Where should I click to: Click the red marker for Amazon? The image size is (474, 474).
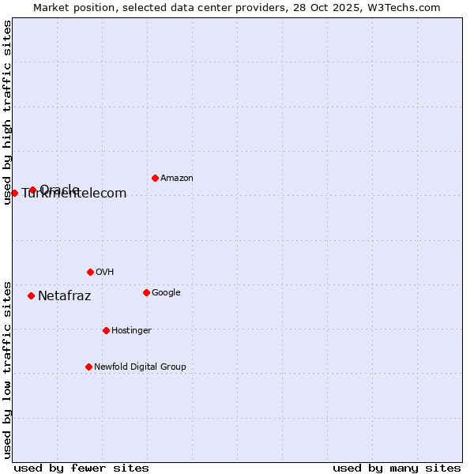[x=155, y=178]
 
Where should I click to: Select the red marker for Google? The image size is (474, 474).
[x=146, y=292]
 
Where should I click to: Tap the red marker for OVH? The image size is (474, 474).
[x=90, y=272]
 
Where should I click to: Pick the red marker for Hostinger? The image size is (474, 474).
[x=106, y=330]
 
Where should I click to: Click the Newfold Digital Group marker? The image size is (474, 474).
[x=88, y=367]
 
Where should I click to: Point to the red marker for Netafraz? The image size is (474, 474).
[x=31, y=295]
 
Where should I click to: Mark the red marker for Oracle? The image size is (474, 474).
[x=32, y=190]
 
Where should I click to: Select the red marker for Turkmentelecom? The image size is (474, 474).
[x=14, y=193]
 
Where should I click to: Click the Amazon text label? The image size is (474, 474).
[x=177, y=179]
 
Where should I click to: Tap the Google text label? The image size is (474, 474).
[x=166, y=293]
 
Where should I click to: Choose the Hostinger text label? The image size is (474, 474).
[x=131, y=331]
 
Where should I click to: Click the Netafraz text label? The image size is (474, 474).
[x=64, y=296]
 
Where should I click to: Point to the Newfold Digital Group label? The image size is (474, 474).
[x=140, y=367]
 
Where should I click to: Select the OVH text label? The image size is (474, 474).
[x=105, y=273]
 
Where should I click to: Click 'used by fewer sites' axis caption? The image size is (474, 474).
[x=81, y=468]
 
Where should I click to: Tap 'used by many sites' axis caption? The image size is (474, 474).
[x=397, y=468]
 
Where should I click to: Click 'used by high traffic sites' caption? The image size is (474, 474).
[x=7, y=112]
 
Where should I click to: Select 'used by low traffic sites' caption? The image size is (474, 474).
[x=7, y=369]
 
